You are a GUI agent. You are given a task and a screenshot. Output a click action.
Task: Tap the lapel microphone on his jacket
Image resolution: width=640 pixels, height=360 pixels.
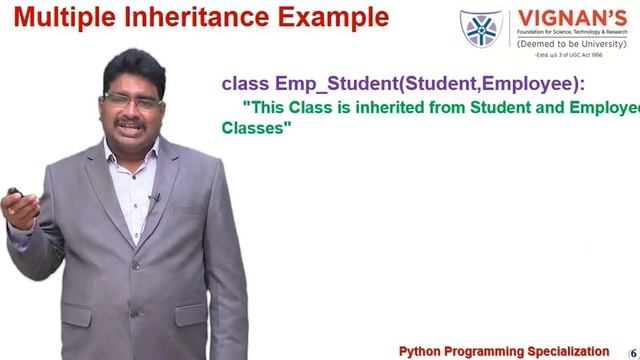tap(153, 199)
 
